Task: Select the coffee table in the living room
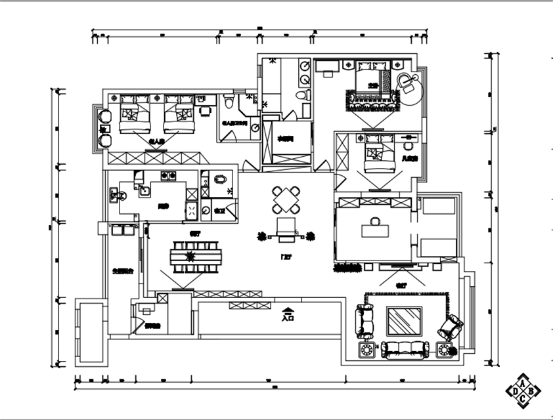404,322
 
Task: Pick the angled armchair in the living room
451,325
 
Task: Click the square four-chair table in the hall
287,199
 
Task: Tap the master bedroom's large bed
373,79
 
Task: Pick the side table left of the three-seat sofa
366,350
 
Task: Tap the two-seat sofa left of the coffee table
364,319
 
